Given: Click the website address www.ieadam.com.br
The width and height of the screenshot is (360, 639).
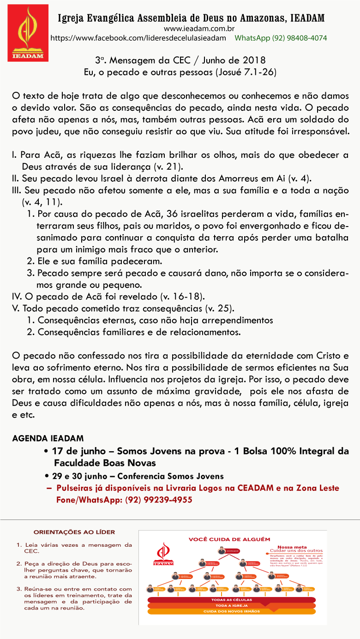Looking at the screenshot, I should (191, 29).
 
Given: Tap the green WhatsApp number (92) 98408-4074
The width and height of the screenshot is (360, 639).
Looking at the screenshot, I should (281, 38).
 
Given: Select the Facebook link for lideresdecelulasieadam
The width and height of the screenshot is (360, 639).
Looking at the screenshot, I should (138, 38).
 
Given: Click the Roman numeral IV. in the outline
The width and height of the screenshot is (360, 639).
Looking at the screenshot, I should (17, 296).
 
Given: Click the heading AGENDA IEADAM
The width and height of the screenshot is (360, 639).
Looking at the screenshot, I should (48, 438).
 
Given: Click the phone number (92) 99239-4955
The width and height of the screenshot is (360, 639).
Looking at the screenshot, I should (158, 500).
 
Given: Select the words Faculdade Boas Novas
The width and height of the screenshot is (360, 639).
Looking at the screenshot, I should (105, 463).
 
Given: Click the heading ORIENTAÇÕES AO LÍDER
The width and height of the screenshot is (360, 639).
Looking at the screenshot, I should (74, 532).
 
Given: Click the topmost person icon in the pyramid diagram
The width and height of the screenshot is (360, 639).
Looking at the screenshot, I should (222, 550).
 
